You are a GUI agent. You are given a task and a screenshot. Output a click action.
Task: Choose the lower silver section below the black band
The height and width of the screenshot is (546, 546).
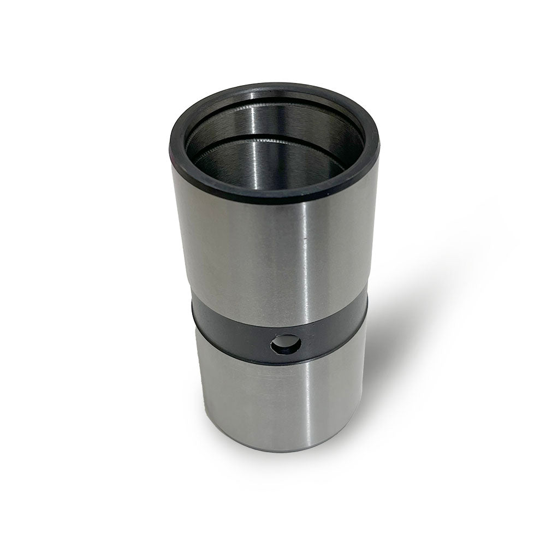click(x=246, y=399)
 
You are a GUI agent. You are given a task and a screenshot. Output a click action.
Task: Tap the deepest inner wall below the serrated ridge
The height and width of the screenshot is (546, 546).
click(x=273, y=164)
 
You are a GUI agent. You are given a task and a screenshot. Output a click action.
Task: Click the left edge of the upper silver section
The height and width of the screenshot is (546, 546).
click(x=176, y=229)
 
